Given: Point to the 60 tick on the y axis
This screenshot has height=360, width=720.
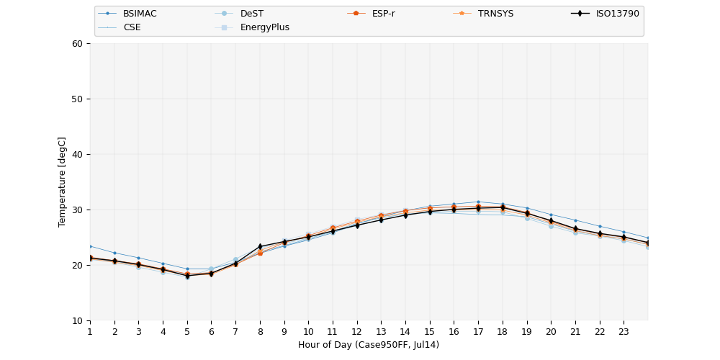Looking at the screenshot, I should (x=77, y=44).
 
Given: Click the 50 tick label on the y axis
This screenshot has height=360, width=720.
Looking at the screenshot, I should (x=77, y=99).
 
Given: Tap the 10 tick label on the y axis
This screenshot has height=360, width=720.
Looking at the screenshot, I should (x=77, y=320).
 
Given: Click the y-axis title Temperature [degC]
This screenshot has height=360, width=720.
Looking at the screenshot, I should (x=62, y=182).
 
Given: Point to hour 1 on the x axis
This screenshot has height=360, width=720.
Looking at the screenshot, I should (x=90, y=332).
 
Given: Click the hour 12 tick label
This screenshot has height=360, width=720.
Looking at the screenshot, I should (x=356, y=332).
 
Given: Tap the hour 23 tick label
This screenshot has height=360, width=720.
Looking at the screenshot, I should (x=624, y=332).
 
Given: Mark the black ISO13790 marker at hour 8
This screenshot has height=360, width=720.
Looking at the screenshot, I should (x=260, y=246).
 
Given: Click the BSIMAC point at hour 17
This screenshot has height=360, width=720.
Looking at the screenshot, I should (x=478, y=202).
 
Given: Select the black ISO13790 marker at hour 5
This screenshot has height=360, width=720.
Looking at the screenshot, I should (x=187, y=276).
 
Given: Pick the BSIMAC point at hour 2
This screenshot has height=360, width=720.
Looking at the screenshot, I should (x=114, y=253).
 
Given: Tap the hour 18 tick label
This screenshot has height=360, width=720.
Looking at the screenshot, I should (x=502, y=332).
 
